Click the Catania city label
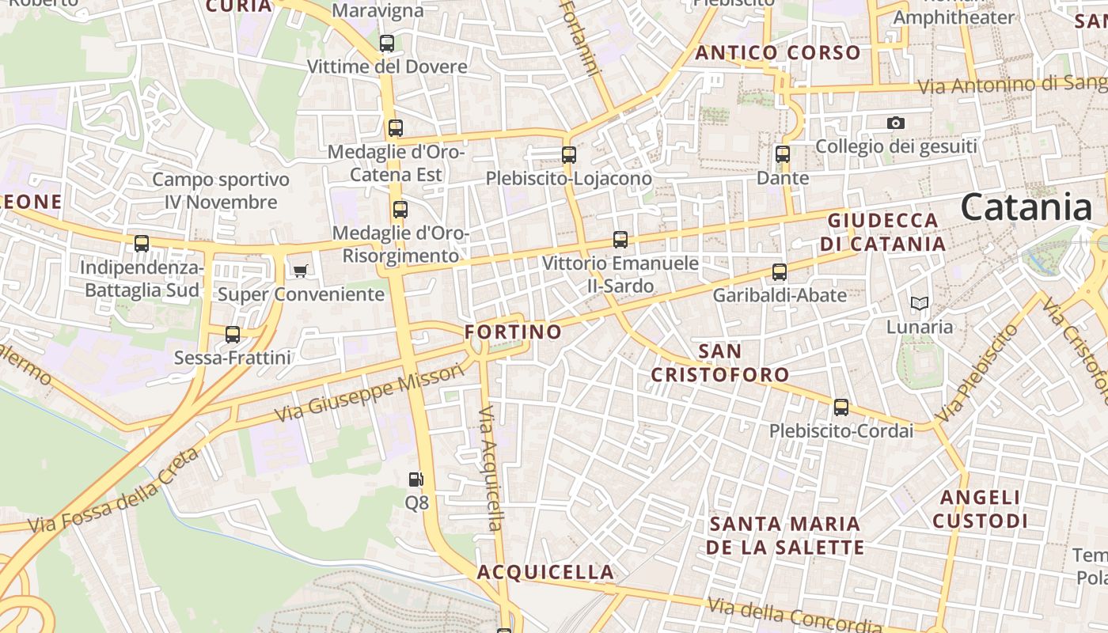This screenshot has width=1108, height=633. click(1026, 207)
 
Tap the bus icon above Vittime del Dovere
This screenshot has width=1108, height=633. click(387, 44)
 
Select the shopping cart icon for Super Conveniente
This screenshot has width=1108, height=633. click(300, 271)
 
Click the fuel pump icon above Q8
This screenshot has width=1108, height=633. click(415, 479)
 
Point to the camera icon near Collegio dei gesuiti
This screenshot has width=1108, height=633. click(896, 123)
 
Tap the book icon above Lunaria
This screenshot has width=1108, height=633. click(919, 303)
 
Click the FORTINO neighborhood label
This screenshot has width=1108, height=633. click(513, 332)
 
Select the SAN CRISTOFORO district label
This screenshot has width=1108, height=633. click(720, 362)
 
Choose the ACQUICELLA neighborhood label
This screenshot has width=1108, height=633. click(545, 572)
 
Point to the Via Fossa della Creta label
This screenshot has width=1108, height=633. click(113, 491)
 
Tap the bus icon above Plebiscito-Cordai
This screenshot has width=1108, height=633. click(841, 407)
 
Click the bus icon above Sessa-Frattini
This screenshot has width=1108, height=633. click(233, 334)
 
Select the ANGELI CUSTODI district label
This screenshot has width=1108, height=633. click(980, 509)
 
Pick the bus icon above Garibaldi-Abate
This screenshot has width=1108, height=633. click(780, 272)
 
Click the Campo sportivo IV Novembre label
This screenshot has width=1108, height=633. click(221, 191)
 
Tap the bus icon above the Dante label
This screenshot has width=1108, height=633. click(783, 154)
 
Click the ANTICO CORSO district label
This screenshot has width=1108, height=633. click(778, 53)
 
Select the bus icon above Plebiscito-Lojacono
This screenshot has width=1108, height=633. click(569, 155)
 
